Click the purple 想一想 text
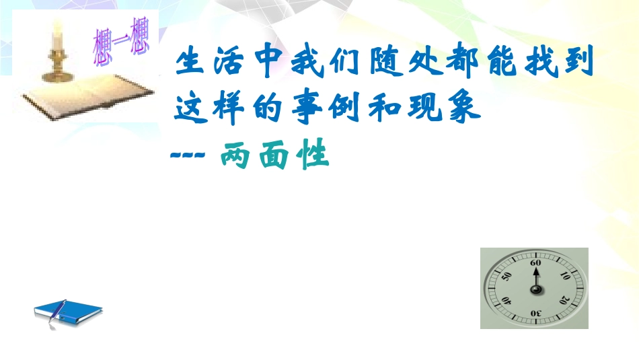[x=121, y=44]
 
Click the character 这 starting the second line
[x=189, y=107]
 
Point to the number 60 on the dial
[x=535, y=263]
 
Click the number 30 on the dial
[x=535, y=313]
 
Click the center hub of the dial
[x=535, y=289]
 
